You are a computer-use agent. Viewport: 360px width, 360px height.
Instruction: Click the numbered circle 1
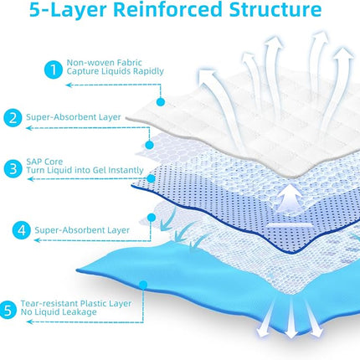click(x=53, y=69)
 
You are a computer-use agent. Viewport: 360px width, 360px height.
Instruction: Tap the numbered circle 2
click(x=13, y=118)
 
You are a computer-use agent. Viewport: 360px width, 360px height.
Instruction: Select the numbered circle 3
click(x=13, y=169)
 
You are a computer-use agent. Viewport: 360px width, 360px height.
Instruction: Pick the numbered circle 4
click(x=21, y=230)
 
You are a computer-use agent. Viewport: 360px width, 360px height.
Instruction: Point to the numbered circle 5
click(x=8, y=309)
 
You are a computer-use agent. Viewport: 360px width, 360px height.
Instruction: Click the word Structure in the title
click(x=275, y=9)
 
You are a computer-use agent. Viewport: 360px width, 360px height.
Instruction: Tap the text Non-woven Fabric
click(x=104, y=63)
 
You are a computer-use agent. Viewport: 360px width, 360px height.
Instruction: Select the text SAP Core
click(x=44, y=162)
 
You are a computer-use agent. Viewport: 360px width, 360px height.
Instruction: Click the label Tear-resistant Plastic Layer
click(x=76, y=303)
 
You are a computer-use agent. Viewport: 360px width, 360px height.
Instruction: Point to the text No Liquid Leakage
click(x=59, y=312)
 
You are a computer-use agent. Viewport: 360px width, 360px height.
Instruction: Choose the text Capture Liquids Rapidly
click(x=115, y=71)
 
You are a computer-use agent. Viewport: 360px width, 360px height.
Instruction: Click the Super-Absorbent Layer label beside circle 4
click(x=82, y=230)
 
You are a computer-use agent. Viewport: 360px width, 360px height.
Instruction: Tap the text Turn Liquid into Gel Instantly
click(x=85, y=170)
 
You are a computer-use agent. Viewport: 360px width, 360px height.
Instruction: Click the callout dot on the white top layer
click(x=160, y=102)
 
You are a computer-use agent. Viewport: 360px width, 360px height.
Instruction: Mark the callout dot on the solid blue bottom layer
click(x=143, y=285)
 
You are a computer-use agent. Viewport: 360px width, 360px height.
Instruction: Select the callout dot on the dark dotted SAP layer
click(x=151, y=178)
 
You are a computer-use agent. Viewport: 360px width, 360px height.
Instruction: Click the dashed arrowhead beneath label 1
click(x=69, y=85)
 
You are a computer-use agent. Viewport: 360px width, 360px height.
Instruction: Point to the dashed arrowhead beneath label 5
click(x=29, y=322)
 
